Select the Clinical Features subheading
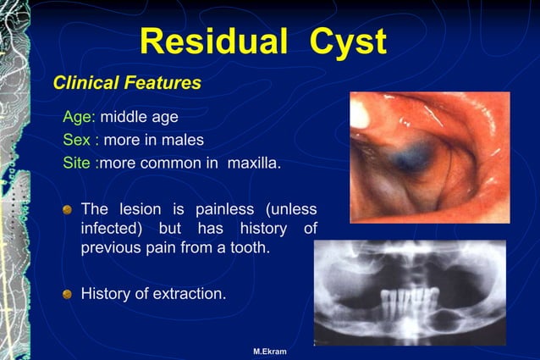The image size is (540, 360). click(127, 83)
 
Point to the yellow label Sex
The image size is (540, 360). click(76, 139)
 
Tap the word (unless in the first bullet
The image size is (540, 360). click(292, 208)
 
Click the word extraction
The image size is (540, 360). click(192, 294)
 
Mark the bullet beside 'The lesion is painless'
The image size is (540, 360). click(68, 209)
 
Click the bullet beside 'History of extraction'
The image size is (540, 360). click(68, 295)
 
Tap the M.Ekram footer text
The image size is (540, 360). click(270, 351)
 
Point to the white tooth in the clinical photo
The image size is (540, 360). click(360, 114)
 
